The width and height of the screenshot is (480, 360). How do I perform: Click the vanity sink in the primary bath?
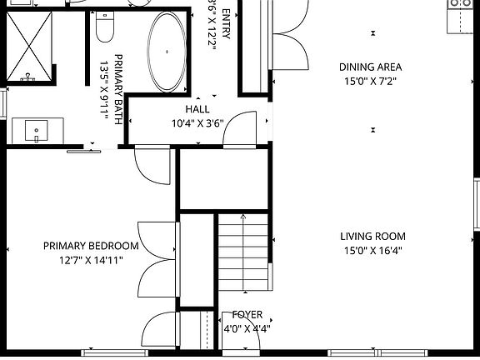36,131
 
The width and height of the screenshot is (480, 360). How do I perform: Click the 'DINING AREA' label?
370,67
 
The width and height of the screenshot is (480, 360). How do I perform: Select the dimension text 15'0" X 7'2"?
370,81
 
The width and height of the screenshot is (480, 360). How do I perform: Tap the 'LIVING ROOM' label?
373,237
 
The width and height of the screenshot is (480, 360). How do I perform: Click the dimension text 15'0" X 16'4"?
373,250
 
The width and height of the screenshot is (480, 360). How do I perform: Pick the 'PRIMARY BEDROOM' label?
91,246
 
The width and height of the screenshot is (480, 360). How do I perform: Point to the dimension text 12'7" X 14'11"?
91,260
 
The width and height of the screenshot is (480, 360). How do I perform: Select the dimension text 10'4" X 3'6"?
197,123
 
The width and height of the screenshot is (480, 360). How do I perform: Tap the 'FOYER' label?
247,315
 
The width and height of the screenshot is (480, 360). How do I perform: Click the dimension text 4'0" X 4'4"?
247,328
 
